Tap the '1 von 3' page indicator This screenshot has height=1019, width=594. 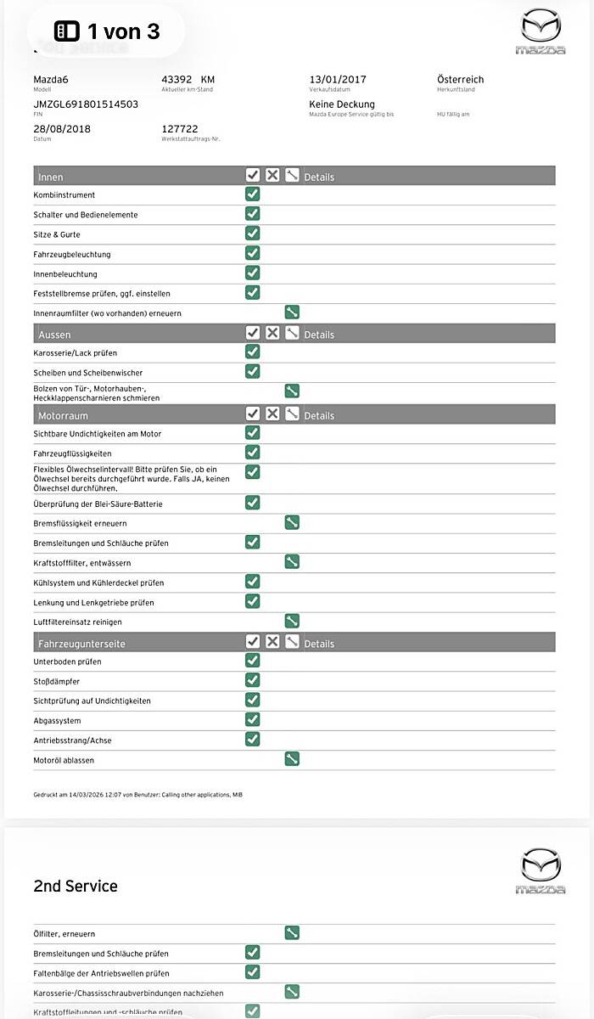107,31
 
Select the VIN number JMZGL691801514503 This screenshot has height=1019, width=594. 86,104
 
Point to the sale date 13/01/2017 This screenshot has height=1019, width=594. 338,80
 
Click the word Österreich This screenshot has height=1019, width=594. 460,80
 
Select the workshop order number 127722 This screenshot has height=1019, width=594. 180,129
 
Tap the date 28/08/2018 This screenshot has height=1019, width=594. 62,129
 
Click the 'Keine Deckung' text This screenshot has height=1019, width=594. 342,104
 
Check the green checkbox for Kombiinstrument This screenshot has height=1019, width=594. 253,194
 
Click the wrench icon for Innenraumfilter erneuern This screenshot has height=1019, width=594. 292,312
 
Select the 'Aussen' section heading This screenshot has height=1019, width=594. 54,335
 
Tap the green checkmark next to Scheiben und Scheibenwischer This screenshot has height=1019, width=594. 253,371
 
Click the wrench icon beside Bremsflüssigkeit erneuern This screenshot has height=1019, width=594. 292,522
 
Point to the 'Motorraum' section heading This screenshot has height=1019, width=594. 63,415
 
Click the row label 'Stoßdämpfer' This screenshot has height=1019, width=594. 57,681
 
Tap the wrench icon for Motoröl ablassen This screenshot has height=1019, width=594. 292,759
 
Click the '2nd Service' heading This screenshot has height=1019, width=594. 76,886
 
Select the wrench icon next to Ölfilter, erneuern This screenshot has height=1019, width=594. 292,933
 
